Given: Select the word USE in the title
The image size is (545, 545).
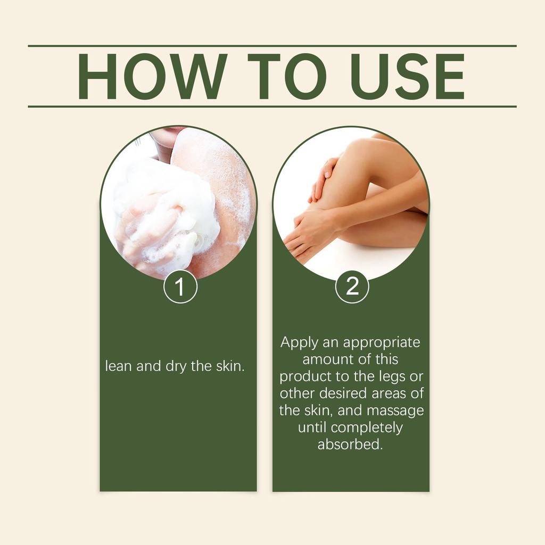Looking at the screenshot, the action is point(407,76).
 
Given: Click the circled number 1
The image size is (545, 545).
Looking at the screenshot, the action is point(180,287).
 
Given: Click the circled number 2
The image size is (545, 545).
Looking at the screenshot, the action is point(352,287).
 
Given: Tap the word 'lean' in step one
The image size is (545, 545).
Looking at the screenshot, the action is point(118,366).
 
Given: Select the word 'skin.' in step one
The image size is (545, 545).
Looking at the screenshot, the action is point(230,366).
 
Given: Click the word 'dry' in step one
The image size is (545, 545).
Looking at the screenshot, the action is point(176,367).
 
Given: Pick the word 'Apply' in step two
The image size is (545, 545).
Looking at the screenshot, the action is point(299,343).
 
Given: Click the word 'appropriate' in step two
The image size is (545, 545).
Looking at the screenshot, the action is point(382,343).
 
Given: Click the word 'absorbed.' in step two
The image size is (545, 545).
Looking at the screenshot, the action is point(350,444).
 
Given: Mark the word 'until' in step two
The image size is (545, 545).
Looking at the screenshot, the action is point(312,427).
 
